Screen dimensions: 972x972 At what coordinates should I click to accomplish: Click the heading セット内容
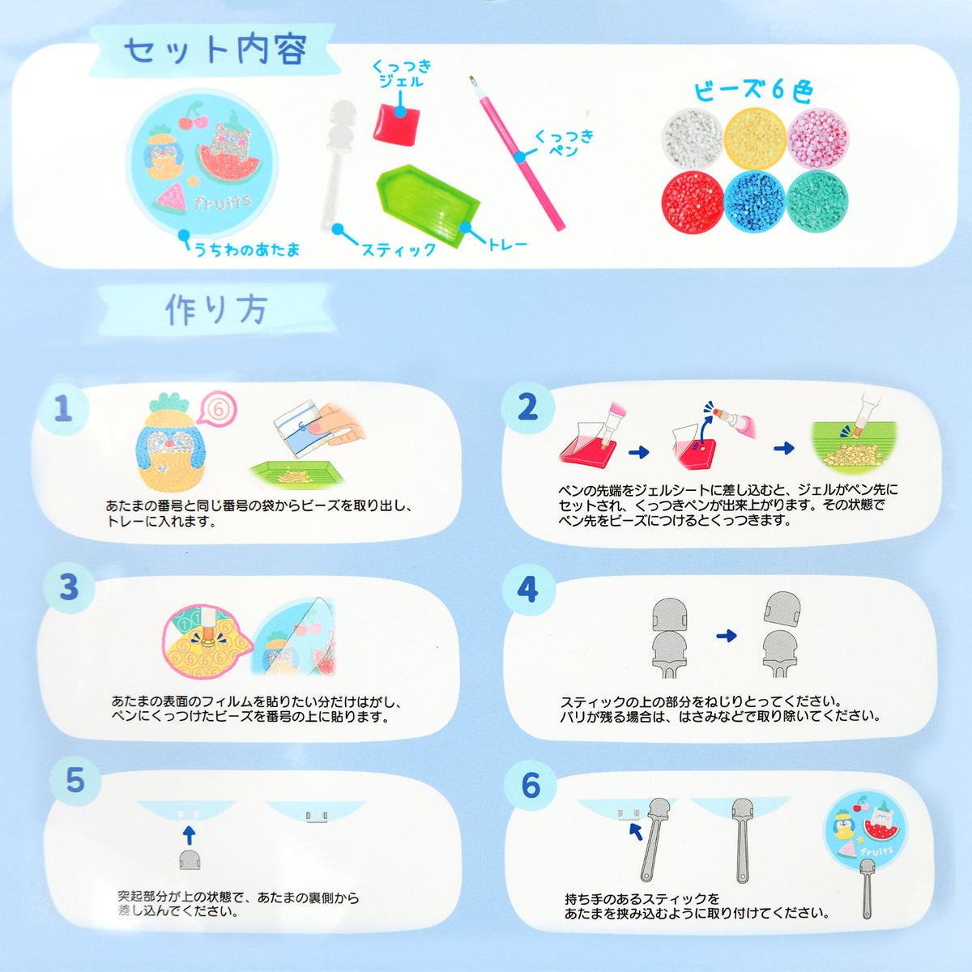tap(215, 52)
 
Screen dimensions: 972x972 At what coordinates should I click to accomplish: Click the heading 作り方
tap(216, 309)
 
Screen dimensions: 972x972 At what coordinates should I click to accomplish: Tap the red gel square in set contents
tap(397, 124)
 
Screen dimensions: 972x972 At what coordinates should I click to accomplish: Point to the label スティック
tap(399, 249)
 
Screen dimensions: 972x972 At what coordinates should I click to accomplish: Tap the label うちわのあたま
tap(248, 249)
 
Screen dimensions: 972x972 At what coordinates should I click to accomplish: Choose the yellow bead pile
tap(755, 139)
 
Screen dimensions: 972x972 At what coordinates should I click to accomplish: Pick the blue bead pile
tap(755, 201)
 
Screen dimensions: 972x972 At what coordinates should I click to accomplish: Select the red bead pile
tap(693, 201)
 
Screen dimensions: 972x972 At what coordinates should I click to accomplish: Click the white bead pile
tap(693, 139)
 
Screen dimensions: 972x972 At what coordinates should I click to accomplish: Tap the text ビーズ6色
tap(753, 92)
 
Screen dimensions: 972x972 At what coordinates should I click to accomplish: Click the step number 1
tap(63, 408)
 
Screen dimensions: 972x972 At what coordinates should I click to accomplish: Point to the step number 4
tap(527, 589)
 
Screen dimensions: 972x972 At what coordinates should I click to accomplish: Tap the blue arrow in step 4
tap(727, 636)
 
